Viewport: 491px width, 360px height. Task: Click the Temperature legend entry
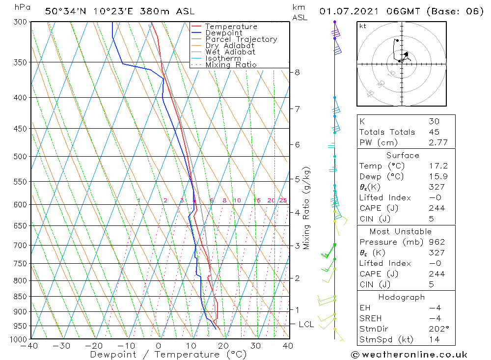pos(231,27)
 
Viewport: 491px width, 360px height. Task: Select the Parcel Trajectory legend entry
pos(241,39)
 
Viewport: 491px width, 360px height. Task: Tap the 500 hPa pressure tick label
pos(20,157)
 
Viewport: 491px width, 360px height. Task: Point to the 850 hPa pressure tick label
pos(20,297)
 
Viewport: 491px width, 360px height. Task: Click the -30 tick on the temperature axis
pos(62,346)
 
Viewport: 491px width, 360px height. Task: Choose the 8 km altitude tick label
pos(297,72)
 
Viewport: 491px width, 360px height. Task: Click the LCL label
pos(306,324)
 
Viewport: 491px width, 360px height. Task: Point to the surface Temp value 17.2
pos(436,166)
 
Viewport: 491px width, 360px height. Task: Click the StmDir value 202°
pos(436,329)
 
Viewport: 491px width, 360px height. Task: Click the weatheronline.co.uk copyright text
pos(409,355)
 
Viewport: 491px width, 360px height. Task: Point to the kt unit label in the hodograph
pos(363,26)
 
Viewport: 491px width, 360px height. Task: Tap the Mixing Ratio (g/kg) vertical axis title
pos(307,208)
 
